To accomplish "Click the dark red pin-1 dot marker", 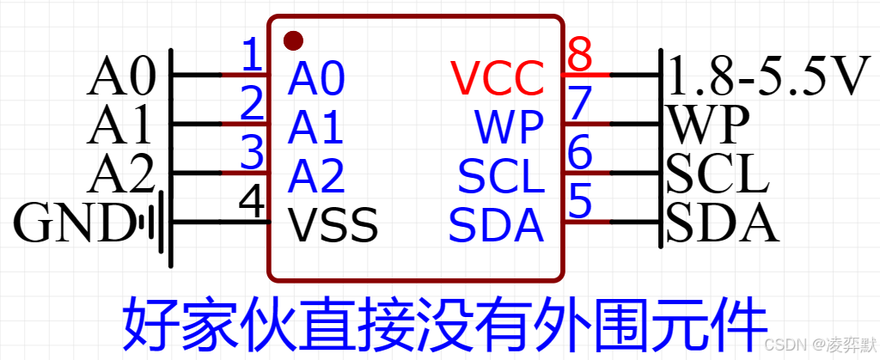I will pyautogui.click(x=294, y=40).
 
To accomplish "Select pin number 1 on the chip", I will pyautogui.click(x=252, y=57).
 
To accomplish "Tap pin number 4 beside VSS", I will pyautogui.click(x=251, y=202).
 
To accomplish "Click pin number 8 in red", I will pyautogui.click(x=581, y=57).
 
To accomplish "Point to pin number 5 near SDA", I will pyautogui.click(x=581, y=203).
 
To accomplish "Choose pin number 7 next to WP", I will pyautogui.click(x=581, y=105).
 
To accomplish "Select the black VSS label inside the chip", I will pyautogui.click(x=333, y=225).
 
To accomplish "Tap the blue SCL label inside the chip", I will pyautogui.click(x=501, y=177).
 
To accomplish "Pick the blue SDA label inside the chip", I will pyautogui.click(x=497, y=225).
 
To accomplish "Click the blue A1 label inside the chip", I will pyautogui.click(x=316, y=128).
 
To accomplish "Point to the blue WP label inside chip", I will pyautogui.click(x=510, y=128).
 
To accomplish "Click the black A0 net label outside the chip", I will pyautogui.click(x=121, y=78).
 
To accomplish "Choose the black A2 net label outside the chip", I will pyautogui.click(x=121, y=176).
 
